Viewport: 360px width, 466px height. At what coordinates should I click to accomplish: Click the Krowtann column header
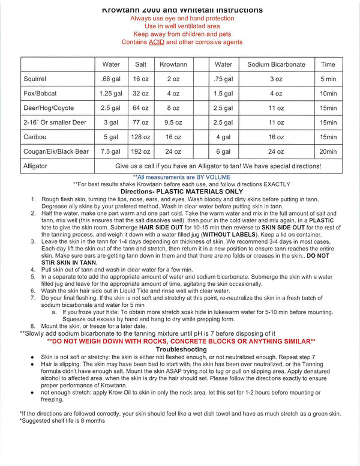tap(173, 64)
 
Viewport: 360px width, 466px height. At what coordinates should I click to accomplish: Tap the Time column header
tap(328, 64)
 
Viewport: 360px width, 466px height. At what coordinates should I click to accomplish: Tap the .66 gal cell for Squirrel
tap(111, 79)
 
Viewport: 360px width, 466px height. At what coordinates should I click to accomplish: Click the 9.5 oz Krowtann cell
tap(173, 122)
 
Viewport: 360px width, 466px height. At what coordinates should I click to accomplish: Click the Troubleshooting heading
tap(181, 349)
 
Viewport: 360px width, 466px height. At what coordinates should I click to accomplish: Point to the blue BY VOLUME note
tap(181, 177)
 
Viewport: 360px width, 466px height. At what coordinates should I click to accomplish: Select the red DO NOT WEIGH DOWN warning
tap(181, 341)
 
